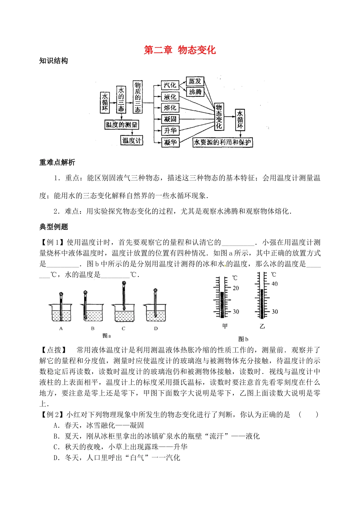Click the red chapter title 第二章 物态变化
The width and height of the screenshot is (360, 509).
[x=180, y=50]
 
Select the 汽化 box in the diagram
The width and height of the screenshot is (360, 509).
[x=170, y=85]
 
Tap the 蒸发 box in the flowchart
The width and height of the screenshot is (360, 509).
[x=195, y=81]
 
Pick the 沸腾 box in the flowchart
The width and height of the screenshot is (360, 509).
[x=195, y=92]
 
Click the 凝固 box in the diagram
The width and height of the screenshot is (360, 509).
[x=170, y=119]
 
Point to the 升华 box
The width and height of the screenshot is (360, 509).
[x=170, y=131]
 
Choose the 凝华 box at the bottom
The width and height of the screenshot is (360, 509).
[x=170, y=142]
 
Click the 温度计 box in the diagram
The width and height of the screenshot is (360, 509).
[x=131, y=141]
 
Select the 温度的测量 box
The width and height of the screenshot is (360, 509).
[x=121, y=125]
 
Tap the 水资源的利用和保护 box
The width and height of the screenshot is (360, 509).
[x=222, y=142]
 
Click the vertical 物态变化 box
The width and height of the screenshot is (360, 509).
[x=219, y=116]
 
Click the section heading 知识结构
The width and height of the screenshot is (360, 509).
[x=53, y=61]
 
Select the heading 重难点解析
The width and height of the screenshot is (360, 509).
[x=57, y=162]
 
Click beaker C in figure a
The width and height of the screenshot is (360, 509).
[x=124, y=312]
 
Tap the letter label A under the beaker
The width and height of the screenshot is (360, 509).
[x=61, y=329]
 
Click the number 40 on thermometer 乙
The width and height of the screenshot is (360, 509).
[x=275, y=284]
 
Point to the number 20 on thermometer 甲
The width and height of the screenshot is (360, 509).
[x=236, y=288]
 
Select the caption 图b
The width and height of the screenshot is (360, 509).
[x=243, y=339]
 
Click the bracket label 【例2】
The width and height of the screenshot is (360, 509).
[x=53, y=415]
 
